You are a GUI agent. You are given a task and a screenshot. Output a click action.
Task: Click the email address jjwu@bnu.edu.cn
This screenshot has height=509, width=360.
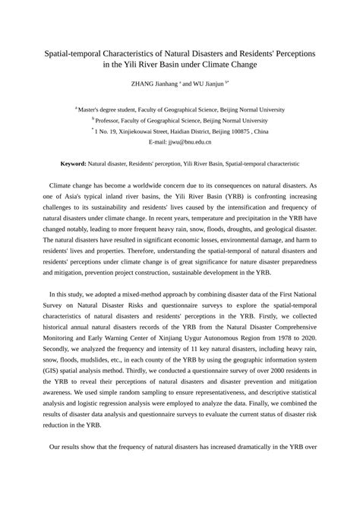click(x=190, y=141)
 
